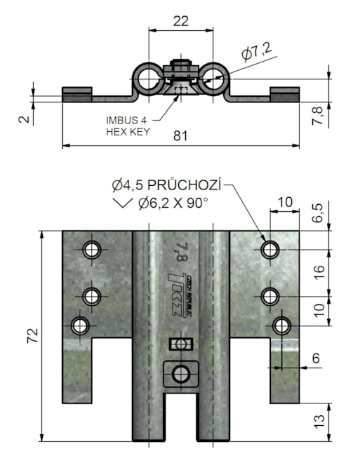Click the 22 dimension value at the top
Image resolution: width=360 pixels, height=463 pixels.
click(181, 21)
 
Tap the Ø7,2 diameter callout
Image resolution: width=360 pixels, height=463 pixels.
click(256, 51)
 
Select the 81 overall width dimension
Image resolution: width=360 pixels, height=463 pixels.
click(180, 136)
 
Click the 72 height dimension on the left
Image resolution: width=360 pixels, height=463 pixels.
click(33, 335)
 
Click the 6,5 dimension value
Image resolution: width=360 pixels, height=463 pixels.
click(319, 213)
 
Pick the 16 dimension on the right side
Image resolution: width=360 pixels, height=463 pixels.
click(319, 271)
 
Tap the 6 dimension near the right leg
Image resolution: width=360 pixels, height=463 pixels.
click(316, 358)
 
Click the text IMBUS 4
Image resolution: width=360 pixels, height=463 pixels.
click(126, 120)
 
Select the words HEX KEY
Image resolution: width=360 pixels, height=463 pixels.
click(128, 131)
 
